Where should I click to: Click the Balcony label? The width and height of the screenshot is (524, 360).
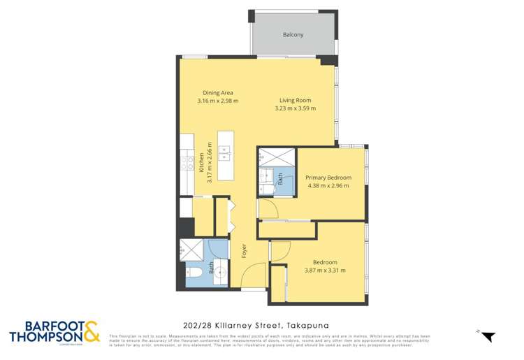coord(293,34)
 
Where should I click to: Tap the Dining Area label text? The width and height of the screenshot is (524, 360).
coord(217,93)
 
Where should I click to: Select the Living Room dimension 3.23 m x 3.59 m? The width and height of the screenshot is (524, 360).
coord(295,108)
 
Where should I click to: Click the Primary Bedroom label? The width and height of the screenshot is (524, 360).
coord(328,178)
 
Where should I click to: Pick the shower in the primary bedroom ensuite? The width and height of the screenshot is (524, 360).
coord(268,157)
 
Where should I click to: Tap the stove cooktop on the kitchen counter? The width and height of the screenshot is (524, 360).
coord(187,163)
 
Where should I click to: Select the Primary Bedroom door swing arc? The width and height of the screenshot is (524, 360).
coord(268,208)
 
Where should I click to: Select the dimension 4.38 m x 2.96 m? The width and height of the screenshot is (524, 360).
coord(328,186)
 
